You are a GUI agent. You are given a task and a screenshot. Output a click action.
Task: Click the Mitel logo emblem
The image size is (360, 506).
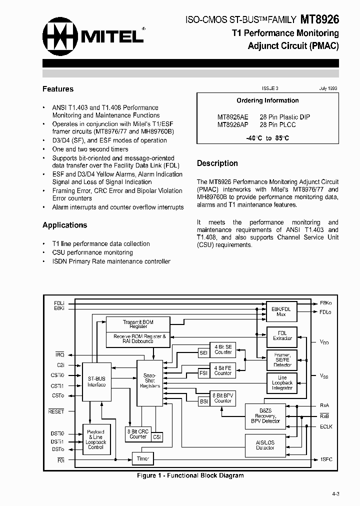coord(60,36)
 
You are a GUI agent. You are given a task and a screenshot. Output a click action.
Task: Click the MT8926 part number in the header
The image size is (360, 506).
coord(320,19)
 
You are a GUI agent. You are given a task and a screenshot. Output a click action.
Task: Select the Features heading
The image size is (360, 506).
coord(58,89)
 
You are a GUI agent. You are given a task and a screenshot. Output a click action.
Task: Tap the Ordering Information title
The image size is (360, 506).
coord(267,100)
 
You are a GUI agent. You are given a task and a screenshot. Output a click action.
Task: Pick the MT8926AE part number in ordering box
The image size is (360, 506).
coord(232,117)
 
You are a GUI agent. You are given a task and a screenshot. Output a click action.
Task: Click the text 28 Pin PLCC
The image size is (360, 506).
coord(278,125)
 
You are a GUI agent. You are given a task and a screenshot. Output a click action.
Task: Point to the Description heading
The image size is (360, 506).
coord(217,163)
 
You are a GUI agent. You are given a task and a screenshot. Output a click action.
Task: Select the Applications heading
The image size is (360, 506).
coord(64,225)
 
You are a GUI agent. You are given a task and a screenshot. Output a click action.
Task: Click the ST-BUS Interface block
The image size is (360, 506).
coord(96,381)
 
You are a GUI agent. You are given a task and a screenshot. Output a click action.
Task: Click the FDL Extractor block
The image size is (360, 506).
coord(282,335)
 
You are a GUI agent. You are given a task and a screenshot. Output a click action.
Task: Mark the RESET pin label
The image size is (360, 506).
coord(56,411)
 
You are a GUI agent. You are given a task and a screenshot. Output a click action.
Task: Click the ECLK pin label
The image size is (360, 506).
coord(326,426)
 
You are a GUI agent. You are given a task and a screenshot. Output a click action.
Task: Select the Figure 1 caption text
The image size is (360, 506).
coord(190,475)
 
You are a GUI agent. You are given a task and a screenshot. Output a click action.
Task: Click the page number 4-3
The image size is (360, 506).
coord(334,493)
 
